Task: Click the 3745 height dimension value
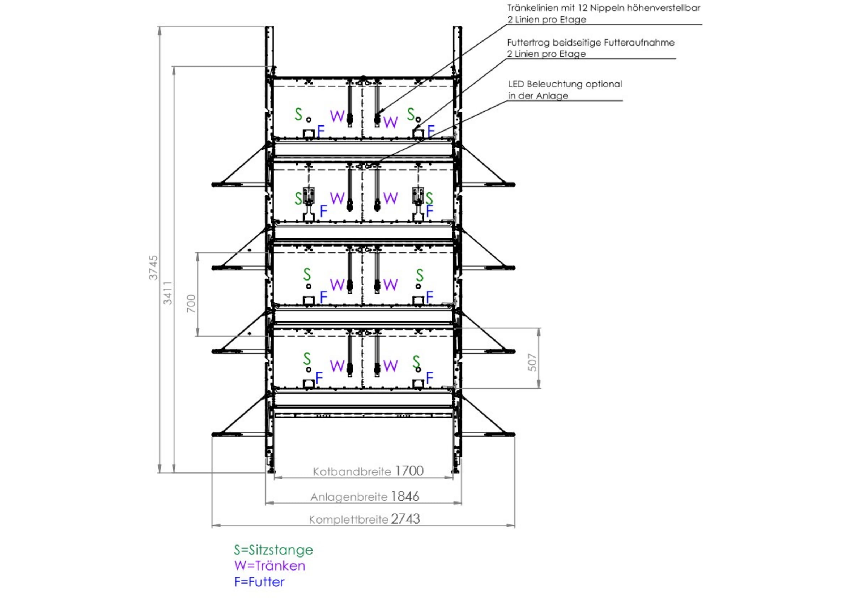click(153, 267)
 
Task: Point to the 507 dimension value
click(533, 362)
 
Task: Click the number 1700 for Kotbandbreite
click(409, 471)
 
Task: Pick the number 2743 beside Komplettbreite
click(405, 519)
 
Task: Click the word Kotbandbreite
click(352, 472)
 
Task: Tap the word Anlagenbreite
click(349, 497)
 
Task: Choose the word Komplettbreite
click(348, 520)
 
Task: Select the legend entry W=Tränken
click(270, 565)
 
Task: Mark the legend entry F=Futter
click(259, 582)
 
